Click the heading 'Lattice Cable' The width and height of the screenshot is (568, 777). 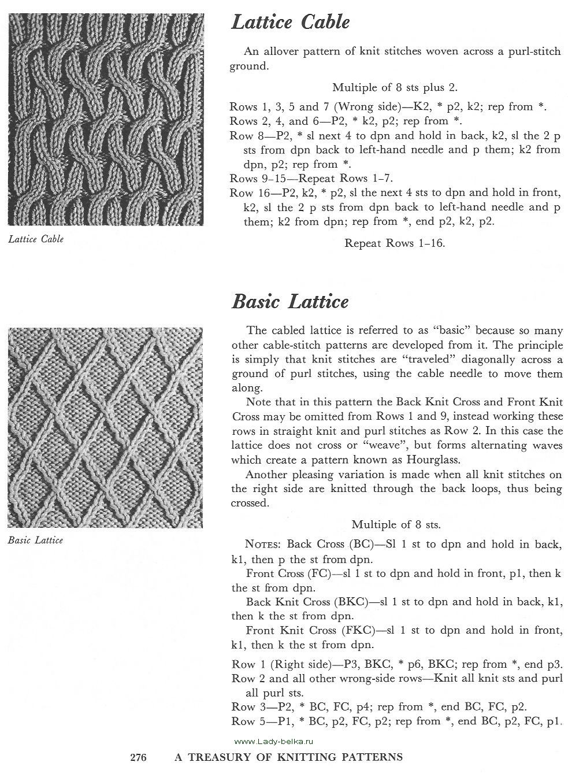click(290, 23)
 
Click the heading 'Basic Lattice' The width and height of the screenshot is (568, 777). click(290, 302)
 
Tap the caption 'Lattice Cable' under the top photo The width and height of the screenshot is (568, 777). click(36, 239)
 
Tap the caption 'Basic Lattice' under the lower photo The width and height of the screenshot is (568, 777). click(36, 540)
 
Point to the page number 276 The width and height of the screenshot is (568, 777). click(139, 757)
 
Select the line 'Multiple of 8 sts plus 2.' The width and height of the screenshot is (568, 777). click(395, 88)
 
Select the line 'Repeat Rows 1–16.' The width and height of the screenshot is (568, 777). click(395, 243)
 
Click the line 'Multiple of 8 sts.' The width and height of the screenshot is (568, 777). click(396, 525)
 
